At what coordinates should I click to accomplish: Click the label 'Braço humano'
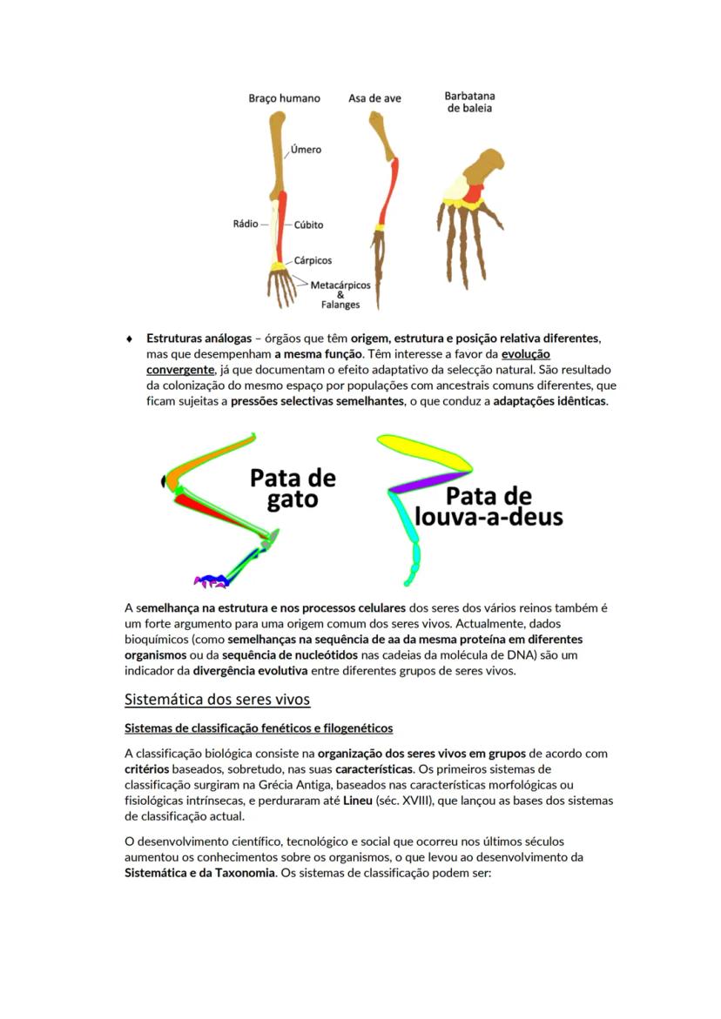(284, 98)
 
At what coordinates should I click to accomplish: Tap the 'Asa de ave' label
(374, 98)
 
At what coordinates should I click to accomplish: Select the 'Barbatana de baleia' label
(469, 102)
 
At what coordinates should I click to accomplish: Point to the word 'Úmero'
(306, 150)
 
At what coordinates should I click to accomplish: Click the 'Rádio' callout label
(246, 224)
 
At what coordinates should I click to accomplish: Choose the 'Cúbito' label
(308, 225)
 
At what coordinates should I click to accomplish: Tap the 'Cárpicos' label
(313, 260)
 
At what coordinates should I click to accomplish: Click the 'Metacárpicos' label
(340, 285)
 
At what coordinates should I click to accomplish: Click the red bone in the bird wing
(387, 191)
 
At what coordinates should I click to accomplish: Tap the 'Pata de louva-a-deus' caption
(489, 506)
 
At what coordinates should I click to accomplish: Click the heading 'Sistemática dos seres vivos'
(217, 700)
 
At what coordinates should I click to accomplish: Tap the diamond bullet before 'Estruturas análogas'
(130, 338)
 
